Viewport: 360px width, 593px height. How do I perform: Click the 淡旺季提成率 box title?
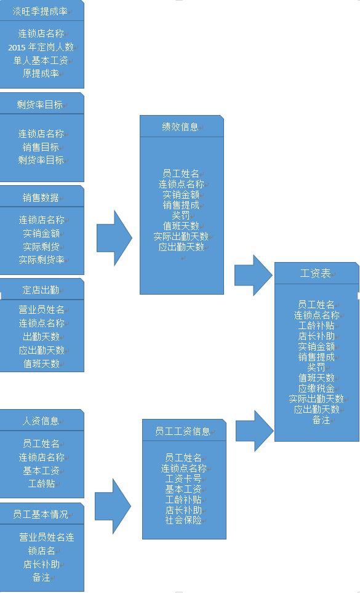[40, 11]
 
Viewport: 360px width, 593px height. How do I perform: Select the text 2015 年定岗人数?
[41, 47]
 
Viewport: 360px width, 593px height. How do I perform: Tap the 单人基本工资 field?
[41, 60]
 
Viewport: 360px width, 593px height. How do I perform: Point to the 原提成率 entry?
[41, 73]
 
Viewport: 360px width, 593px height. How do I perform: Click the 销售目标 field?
[41, 147]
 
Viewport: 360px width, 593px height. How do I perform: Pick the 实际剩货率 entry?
[41, 260]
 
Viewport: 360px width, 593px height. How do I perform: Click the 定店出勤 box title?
[41, 290]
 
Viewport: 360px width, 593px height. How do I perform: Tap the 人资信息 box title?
[41, 421]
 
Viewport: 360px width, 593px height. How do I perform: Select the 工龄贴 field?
[41, 484]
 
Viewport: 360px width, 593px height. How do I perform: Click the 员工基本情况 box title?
[41, 514]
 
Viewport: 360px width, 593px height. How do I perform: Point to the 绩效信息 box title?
[180, 127]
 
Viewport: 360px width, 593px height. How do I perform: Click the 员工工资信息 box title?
[183, 431]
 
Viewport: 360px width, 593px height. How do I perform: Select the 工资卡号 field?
[183, 479]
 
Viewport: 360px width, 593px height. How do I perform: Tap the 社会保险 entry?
[183, 520]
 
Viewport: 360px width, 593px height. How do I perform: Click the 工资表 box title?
[315, 273]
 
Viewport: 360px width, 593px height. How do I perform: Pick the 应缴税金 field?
[316, 388]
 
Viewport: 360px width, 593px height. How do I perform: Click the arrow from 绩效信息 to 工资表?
[254, 275]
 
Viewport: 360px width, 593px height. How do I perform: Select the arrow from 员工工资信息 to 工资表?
[255, 431]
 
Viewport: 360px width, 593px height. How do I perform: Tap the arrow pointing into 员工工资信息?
[113, 506]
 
